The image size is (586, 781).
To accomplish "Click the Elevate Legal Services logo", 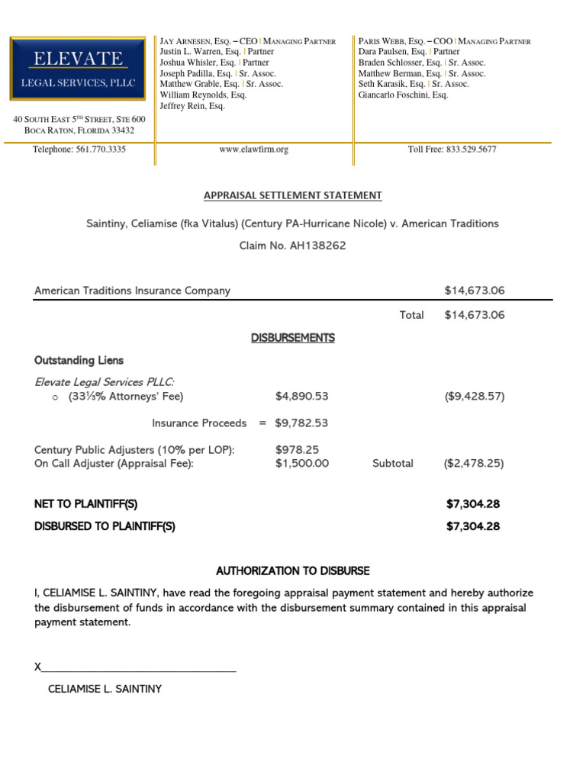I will point(78,69).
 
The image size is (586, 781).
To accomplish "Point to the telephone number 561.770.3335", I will point(101,150).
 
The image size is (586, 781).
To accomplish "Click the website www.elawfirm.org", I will point(254,150).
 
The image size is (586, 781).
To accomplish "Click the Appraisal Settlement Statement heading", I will point(293,196).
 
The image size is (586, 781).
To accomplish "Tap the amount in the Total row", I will point(474,315).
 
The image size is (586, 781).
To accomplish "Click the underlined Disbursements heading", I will point(293,338).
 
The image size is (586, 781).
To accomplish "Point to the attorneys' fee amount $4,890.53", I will point(301,397).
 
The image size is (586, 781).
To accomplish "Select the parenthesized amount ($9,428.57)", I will point(474,397).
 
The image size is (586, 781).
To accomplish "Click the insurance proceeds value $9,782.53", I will point(301,423).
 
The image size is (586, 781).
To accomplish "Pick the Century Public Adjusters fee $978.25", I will point(297,450).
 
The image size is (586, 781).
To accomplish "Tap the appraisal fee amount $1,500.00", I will point(301,463).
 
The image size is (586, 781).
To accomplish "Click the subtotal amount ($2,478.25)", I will point(474,463).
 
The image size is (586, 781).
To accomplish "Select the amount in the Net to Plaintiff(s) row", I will point(473,504).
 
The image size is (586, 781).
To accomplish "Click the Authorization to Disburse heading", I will point(293,570).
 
